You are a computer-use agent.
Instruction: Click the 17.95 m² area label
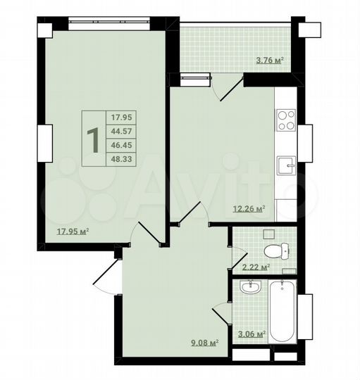point(73,230)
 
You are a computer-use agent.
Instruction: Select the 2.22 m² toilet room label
point(256,267)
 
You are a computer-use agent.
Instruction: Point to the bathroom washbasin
point(248,287)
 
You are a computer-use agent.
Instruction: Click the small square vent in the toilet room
point(268,234)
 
